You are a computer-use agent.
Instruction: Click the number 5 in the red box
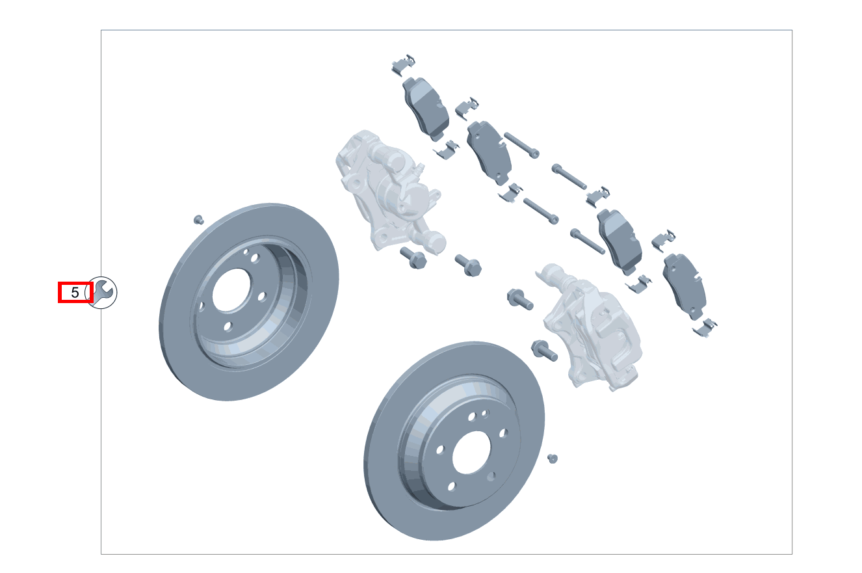tap(75, 293)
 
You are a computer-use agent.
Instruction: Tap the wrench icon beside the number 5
tap(101, 292)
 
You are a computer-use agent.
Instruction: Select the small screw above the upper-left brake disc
tap(199, 219)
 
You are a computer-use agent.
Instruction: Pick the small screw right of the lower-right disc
tap(553, 459)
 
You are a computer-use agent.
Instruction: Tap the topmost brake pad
tap(426, 107)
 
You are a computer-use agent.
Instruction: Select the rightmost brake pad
tap(684, 286)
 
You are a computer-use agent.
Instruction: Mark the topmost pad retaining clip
tap(404, 64)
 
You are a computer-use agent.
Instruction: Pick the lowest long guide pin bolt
tap(588, 241)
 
